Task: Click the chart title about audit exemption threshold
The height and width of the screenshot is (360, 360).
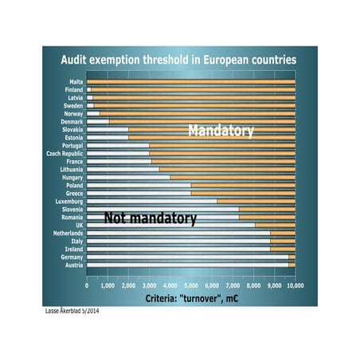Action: point(179,60)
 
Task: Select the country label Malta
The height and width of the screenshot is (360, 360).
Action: point(76,81)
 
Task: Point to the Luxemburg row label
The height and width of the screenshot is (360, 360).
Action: point(70,202)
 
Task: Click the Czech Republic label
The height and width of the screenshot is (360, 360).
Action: point(65,153)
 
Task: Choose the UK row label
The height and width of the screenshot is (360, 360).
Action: point(80,225)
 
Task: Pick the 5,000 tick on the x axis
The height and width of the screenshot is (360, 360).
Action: point(191,284)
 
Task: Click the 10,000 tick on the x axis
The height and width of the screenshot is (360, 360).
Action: point(294,284)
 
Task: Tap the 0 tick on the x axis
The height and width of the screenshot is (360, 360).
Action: point(87,284)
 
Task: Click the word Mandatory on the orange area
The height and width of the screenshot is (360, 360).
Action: point(221,131)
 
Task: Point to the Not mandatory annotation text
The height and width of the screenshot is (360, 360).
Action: point(151,217)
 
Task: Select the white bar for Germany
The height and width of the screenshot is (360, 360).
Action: point(187,257)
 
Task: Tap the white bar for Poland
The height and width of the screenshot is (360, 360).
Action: point(139,185)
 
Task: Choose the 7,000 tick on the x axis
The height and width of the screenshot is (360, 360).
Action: point(233,284)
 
